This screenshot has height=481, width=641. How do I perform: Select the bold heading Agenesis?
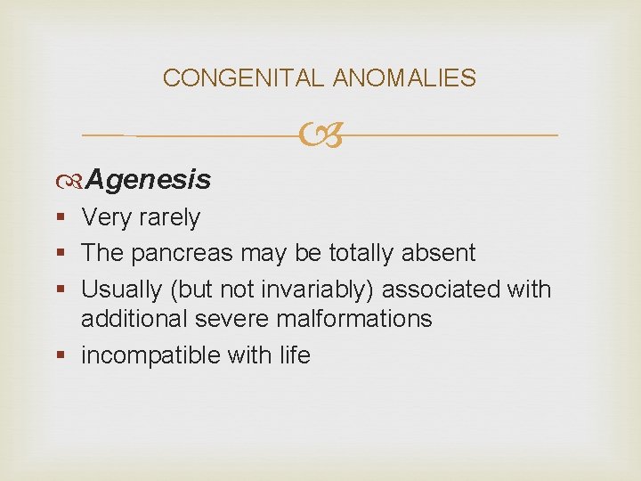click(x=149, y=180)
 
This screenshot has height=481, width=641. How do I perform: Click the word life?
click(x=293, y=355)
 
